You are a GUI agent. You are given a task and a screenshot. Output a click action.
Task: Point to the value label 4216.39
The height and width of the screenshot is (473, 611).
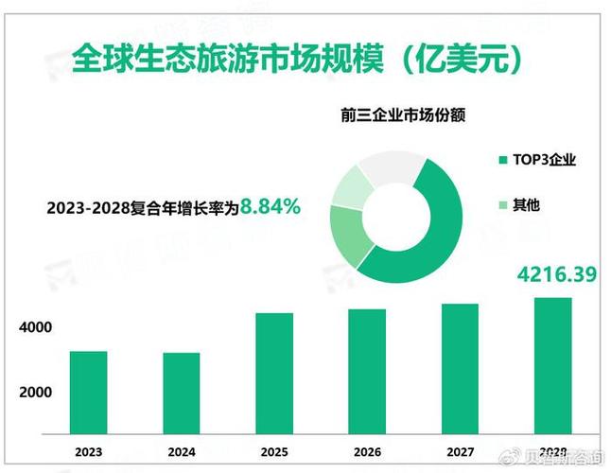[x=556, y=275]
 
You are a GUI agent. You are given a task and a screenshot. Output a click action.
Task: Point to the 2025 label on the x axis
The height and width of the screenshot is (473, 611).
[x=274, y=452]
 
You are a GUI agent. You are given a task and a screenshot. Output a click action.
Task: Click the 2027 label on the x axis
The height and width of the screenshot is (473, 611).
[x=460, y=452]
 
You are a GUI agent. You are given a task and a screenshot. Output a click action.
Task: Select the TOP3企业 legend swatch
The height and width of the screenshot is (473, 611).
[x=502, y=160]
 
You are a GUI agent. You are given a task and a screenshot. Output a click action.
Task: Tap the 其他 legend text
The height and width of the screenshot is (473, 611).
[x=526, y=204]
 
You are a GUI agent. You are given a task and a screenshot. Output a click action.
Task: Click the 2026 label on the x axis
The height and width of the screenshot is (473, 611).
[x=367, y=452]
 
